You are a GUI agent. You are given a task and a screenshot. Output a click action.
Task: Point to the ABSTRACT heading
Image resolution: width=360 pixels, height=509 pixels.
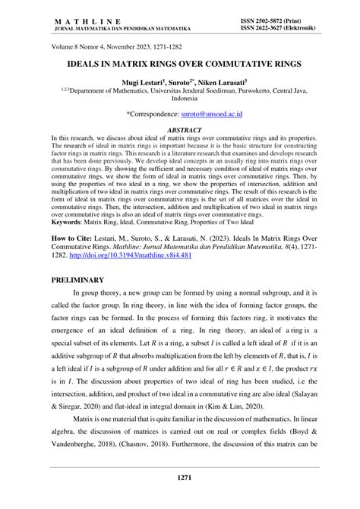[180, 130]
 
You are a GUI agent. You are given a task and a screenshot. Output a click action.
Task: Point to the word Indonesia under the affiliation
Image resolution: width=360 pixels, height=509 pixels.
[180, 98]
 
